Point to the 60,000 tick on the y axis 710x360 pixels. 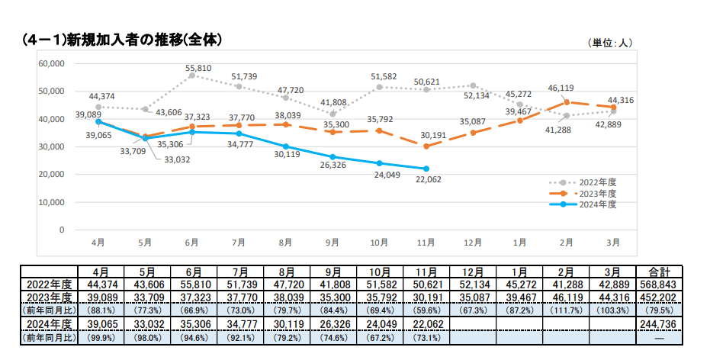pyautogui.click(x=50, y=63)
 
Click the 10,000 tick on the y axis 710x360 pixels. pyautogui.click(x=50, y=202)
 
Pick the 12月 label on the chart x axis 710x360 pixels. pyautogui.click(x=473, y=243)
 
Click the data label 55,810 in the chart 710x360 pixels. pyautogui.click(x=198, y=68)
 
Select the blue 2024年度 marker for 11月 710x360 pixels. pyautogui.click(x=426, y=169)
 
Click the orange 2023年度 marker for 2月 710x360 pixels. pyautogui.click(x=567, y=102)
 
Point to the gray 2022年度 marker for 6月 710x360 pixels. pyautogui.click(x=192, y=76)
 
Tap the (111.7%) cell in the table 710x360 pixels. pyautogui.click(x=566, y=310)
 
